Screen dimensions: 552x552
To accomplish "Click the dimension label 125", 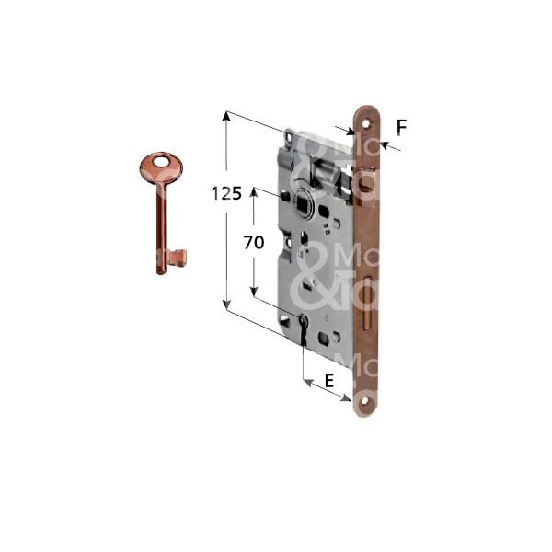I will pyautogui.click(x=226, y=194).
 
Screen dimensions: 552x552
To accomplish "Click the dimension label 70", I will pyautogui.click(x=254, y=243).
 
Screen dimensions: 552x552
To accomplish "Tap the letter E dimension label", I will pyautogui.click(x=328, y=379).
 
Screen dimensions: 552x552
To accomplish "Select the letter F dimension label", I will pyautogui.click(x=401, y=128).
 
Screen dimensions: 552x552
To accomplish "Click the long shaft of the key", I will pyautogui.click(x=163, y=221).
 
